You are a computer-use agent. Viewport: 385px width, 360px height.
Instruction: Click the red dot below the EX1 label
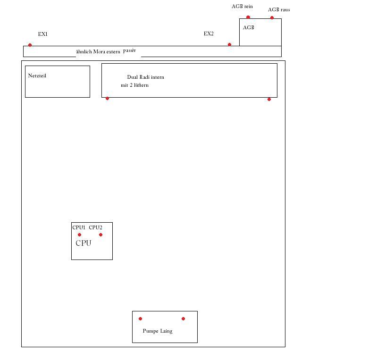coord(30,45)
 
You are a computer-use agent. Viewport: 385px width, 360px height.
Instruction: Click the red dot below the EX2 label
coord(229,44)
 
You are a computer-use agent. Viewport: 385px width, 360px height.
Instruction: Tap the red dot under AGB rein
coord(248,17)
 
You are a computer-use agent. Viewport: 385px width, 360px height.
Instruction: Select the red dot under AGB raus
coord(272,17)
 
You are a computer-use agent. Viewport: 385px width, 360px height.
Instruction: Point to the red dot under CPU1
coord(79,235)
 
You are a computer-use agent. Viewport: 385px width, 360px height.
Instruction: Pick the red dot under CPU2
coord(100,235)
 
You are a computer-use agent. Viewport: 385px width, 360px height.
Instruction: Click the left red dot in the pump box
coord(140,319)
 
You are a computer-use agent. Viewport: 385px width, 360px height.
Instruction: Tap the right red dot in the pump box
coord(183,319)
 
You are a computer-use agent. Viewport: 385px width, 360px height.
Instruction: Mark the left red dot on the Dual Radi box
coord(107,99)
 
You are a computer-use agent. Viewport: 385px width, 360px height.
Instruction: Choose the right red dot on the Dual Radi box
coord(269,99)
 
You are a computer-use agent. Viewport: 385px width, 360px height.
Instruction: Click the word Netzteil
coord(37,75)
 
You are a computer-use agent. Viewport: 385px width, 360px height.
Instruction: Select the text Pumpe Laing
coord(158,331)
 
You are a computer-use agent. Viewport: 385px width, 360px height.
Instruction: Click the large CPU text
coord(84,243)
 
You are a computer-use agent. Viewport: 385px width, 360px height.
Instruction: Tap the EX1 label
coord(43,34)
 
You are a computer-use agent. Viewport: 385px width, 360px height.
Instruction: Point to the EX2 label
coord(209,33)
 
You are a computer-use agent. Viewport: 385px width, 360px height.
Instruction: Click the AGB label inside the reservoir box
coord(249,27)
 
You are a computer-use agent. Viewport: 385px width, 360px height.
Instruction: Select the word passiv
coord(129,50)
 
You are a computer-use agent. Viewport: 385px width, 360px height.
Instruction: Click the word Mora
coord(99,51)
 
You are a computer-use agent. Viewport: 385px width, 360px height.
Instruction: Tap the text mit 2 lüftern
coord(134,85)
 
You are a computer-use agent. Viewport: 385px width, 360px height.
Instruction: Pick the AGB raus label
coord(279,9)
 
